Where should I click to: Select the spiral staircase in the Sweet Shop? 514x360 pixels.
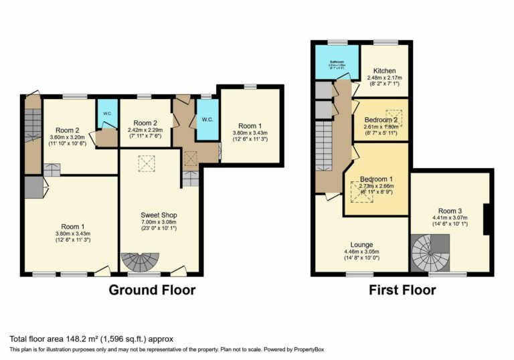click(140, 262)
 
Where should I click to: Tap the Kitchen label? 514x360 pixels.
click(383, 71)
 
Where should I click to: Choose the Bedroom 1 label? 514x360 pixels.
click(375, 179)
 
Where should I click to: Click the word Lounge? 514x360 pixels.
click(361, 245)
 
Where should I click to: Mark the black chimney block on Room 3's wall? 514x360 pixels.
click(489, 220)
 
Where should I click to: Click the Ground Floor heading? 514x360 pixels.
click(153, 290)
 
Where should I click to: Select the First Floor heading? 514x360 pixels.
click(402, 290)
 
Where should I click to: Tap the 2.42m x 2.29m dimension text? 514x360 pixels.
click(144, 131)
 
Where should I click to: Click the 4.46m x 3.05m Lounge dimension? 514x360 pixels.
click(361, 252)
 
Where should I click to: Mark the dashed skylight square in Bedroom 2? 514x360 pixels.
click(394, 115)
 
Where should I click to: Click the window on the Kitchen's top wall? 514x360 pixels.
click(385, 43)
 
